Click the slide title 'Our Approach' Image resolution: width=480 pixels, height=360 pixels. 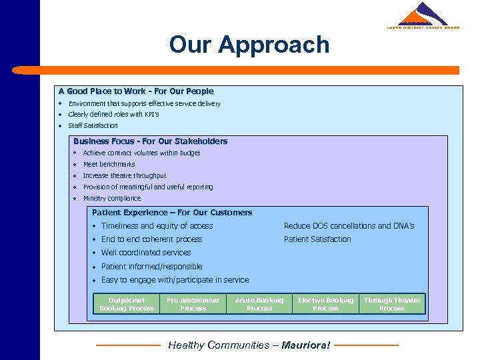tap(249, 45)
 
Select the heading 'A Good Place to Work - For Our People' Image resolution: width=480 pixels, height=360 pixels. tap(136, 91)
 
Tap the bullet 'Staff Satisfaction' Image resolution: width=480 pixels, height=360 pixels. tap(93, 125)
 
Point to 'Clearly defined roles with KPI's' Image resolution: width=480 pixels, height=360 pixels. tap(113, 115)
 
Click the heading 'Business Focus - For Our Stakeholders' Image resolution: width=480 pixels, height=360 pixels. tap(150, 141)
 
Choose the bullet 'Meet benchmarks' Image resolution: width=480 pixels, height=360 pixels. tap(109, 164)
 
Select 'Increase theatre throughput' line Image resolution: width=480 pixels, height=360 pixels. tap(125, 175)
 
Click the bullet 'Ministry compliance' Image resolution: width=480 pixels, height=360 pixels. tap(112, 198)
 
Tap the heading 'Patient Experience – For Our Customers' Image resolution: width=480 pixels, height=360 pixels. tap(172, 213)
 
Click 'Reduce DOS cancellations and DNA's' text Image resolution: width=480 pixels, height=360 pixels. tap(349, 226)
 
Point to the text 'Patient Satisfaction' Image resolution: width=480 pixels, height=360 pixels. tap(317, 239)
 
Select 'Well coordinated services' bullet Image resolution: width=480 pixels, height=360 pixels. tap(146, 253)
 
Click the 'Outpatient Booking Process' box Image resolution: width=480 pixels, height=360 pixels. tap(126, 304)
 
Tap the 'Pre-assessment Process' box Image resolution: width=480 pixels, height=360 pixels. tap(193, 304)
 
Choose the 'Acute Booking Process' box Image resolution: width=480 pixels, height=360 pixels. tap(259, 304)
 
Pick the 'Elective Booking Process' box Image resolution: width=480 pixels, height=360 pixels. tap(325, 304)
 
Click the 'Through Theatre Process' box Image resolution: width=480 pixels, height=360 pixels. tap(392, 304)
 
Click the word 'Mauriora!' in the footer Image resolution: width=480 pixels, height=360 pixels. tap(305, 345)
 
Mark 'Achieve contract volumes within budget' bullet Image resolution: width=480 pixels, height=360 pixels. tap(141, 153)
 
